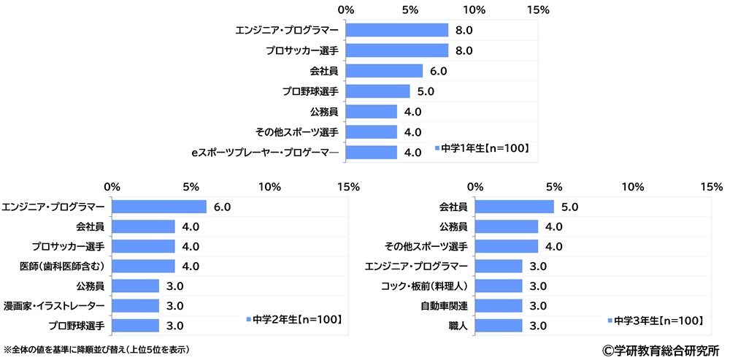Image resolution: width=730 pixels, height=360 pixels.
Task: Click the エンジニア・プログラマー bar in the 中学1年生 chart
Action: pos(396,30)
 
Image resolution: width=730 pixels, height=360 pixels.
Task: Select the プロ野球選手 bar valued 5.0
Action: pos(377,91)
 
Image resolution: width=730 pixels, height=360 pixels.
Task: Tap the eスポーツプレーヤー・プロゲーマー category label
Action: pos(265,153)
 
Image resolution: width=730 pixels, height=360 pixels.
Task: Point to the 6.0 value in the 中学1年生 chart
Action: pos(438,71)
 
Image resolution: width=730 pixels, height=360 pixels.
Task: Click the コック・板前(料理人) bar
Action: pos(499,286)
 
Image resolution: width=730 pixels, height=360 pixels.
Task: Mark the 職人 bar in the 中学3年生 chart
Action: pos(499,325)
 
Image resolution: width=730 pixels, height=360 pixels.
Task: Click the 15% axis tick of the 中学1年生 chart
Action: pos(538,9)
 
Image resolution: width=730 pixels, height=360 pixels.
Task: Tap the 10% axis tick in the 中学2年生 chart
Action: pos(270,186)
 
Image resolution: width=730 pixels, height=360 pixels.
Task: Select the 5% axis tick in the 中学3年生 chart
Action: pos(554,186)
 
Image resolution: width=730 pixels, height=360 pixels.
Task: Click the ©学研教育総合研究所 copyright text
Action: pos(661,350)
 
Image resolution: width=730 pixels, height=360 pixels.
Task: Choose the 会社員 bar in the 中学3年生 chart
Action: pos(515,207)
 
